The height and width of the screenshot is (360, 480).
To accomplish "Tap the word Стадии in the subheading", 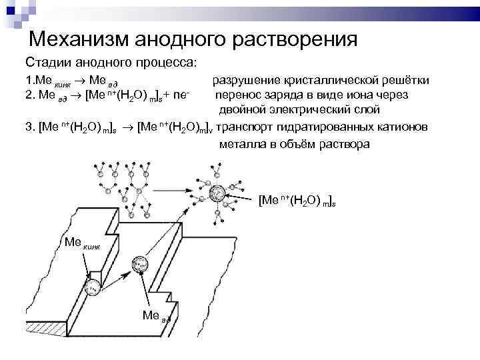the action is coord(48,63).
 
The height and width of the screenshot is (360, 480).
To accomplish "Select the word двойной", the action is coord(243,109).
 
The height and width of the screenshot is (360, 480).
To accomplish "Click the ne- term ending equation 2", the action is coord(183,95).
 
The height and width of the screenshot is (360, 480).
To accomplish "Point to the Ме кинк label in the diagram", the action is coord(81,242).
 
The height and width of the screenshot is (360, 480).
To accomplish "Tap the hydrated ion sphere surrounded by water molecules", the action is coord(219,194).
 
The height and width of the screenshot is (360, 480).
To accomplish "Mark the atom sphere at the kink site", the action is coord(94,287).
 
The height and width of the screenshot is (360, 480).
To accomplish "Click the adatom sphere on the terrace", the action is coord(139,264).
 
